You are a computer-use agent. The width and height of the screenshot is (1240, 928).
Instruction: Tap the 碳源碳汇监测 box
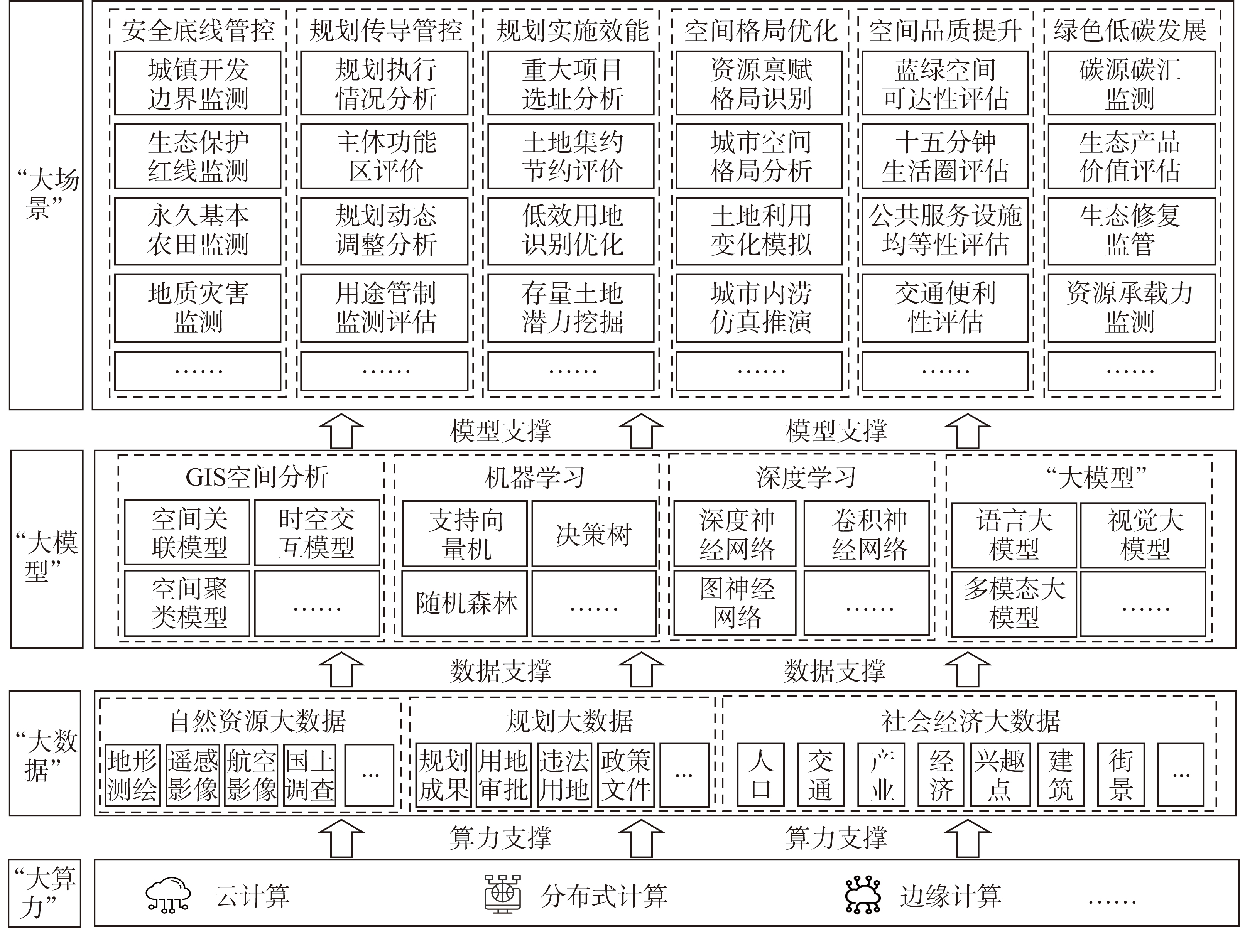pyautogui.click(x=1131, y=83)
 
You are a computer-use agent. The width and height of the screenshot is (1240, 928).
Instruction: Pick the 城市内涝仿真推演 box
pyautogui.click(x=759, y=308)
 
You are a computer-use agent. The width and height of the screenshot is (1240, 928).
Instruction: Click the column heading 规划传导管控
pyautogui.click(x=386, y=30)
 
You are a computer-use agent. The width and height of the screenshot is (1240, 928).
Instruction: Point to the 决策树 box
pyautogui.click(x=594, y=533)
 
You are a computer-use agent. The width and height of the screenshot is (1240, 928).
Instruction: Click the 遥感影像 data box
pyautogui.click(x=192, y=775)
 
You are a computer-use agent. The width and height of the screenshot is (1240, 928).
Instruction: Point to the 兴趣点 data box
pyautogui.click(x=1000, y=775)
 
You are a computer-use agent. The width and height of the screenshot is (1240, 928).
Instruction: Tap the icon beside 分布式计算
pyautogui.click(x=502, y=894)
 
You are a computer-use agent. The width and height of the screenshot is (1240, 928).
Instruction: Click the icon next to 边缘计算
pyautogui.click(x=863, y=895)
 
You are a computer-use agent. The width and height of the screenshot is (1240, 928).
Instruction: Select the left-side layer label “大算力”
pyautogui.click(x=46, y=892)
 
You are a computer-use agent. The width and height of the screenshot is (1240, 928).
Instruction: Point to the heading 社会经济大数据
pyautogui.click(x=970, y=720)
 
